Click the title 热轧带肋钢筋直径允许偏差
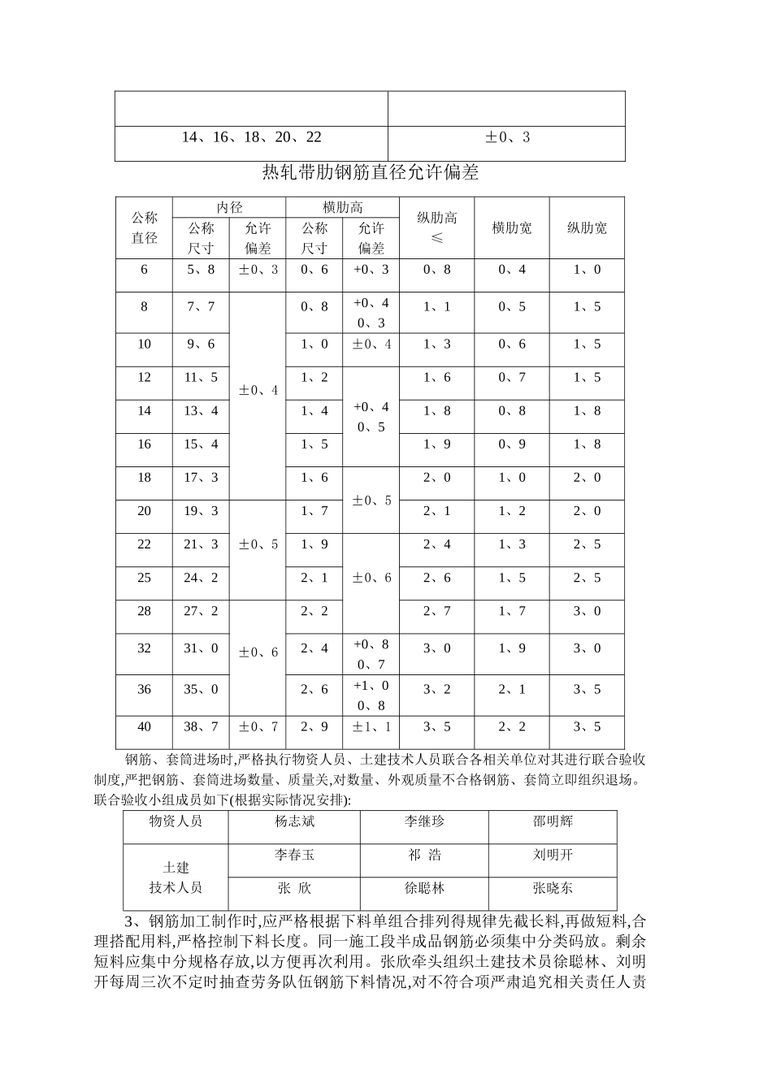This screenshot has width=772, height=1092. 371,172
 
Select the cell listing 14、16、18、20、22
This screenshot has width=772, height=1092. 251,137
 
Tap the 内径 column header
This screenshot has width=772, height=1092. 229,207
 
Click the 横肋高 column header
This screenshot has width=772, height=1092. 342,207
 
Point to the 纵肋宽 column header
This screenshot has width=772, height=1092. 587,228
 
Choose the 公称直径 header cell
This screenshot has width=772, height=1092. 145,228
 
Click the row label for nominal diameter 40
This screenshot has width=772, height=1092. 145,726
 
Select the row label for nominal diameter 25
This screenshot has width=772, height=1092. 145,578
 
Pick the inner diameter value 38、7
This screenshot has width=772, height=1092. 201,726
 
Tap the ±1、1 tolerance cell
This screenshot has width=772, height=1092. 371,726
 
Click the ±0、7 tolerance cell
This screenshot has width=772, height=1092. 258,726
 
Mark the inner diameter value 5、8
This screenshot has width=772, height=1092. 201,269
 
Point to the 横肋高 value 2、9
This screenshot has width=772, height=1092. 314,726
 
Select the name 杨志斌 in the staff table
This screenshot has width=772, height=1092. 294,821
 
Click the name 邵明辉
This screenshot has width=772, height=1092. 553,821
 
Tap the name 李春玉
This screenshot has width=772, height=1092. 294,855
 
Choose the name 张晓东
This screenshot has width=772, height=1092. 553,888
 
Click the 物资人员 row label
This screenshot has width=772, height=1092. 176,821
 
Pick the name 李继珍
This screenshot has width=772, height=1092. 424,821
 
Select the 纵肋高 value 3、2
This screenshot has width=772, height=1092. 436,689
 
